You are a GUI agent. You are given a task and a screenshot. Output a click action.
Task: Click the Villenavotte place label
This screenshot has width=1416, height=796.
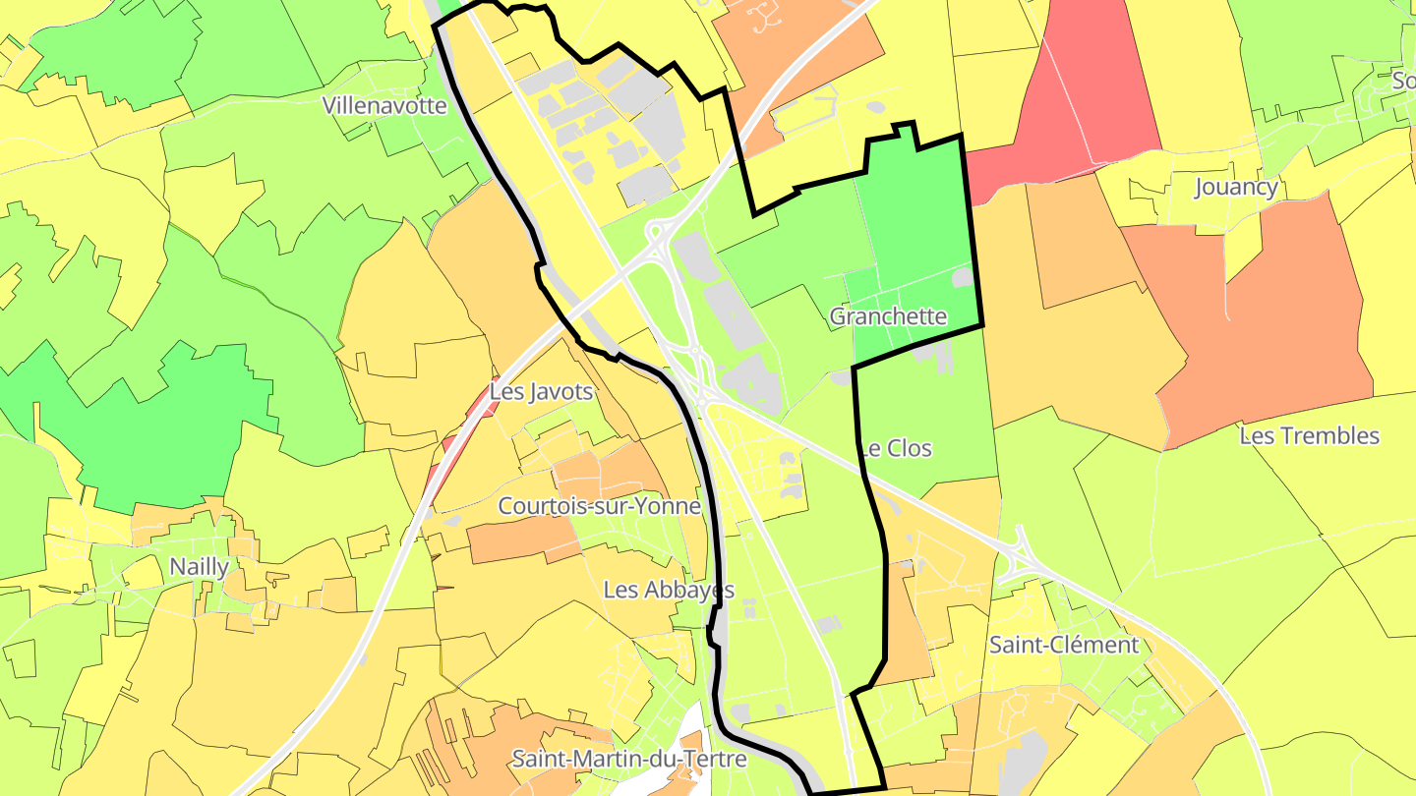coord(384,105)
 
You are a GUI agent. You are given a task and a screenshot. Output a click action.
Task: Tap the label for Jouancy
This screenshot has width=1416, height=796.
coord(1236,187)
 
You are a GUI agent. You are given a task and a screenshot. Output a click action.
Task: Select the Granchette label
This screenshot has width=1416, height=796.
coord(888,316)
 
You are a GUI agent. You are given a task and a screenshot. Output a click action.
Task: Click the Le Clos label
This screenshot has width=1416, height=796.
coord(897,448)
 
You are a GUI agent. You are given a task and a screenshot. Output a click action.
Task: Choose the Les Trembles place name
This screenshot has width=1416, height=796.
coord(1309,435)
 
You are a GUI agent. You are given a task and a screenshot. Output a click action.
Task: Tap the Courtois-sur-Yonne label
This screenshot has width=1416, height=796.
coord(599,506)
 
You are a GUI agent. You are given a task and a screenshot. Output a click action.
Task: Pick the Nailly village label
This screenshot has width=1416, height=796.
coord(199,566)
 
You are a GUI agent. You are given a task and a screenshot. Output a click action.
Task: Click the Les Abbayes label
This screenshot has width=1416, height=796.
coord(669,590)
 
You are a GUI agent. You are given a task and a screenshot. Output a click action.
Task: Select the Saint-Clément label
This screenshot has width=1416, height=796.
coord(1063,645)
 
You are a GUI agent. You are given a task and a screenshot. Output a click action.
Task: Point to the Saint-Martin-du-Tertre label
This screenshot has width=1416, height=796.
coord(628,759)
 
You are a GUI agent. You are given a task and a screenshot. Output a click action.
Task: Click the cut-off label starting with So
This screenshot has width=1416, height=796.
coord(1403,81)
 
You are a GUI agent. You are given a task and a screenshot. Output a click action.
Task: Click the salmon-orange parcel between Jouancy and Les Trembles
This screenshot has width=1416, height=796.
coord(1268,314)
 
